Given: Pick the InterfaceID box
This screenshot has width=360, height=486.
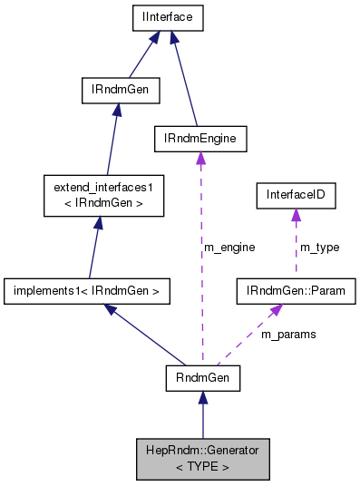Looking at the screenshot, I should pyautogui.click(x=295, y=194).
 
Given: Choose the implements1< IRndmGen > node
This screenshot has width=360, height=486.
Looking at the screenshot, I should pyautogui.click(x=88, y=291).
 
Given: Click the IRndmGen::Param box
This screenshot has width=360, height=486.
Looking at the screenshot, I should pyautogui.click(x=296, y=291).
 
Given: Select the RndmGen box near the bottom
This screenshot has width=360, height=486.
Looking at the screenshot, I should pyautogui.click(x=202, y=378).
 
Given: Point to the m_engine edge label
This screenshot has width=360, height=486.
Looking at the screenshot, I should pyautogui.click(x=229, y=247).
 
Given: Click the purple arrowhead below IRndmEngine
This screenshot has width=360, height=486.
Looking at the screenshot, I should pyautogui.click(x=200, y=159).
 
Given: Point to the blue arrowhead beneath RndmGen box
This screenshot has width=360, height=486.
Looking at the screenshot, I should pyautogui.click(x=202, y=399).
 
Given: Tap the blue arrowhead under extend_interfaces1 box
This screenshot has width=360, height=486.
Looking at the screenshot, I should pyautogui.click(x=102, y=223).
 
